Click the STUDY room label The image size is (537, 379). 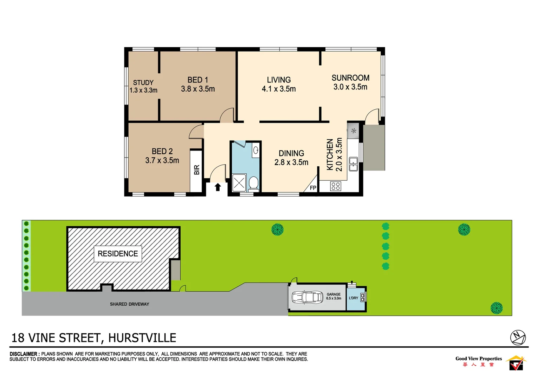[x=143, y=82]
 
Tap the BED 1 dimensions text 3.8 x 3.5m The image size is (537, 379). [x=198, y=89]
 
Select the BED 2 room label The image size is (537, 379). [x=162, y=151]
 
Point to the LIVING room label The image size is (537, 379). [x=279, y=80]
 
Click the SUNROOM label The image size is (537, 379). [x=350, y=78]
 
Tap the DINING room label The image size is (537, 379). [x=291, y=153]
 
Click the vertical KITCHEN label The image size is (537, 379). [x=330, y=155]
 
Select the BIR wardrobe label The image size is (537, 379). [x=197, y=170]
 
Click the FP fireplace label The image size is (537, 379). [x=313, y=188]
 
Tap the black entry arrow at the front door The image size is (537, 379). [x=218, y=187]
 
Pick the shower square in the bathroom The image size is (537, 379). [x=239, y=183]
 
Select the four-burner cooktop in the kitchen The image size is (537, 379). [x=336, y=186]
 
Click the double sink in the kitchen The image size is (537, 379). [x=353, y=164]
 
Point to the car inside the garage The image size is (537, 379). [x=308, y=298]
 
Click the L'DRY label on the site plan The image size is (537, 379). [x=354, y=298]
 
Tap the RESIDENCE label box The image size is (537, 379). [x=118, y=254]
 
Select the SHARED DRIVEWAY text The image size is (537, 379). [x=129, y=304]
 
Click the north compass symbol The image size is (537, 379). [x=518, y=338]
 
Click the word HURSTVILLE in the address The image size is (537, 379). [x=142, y=338]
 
